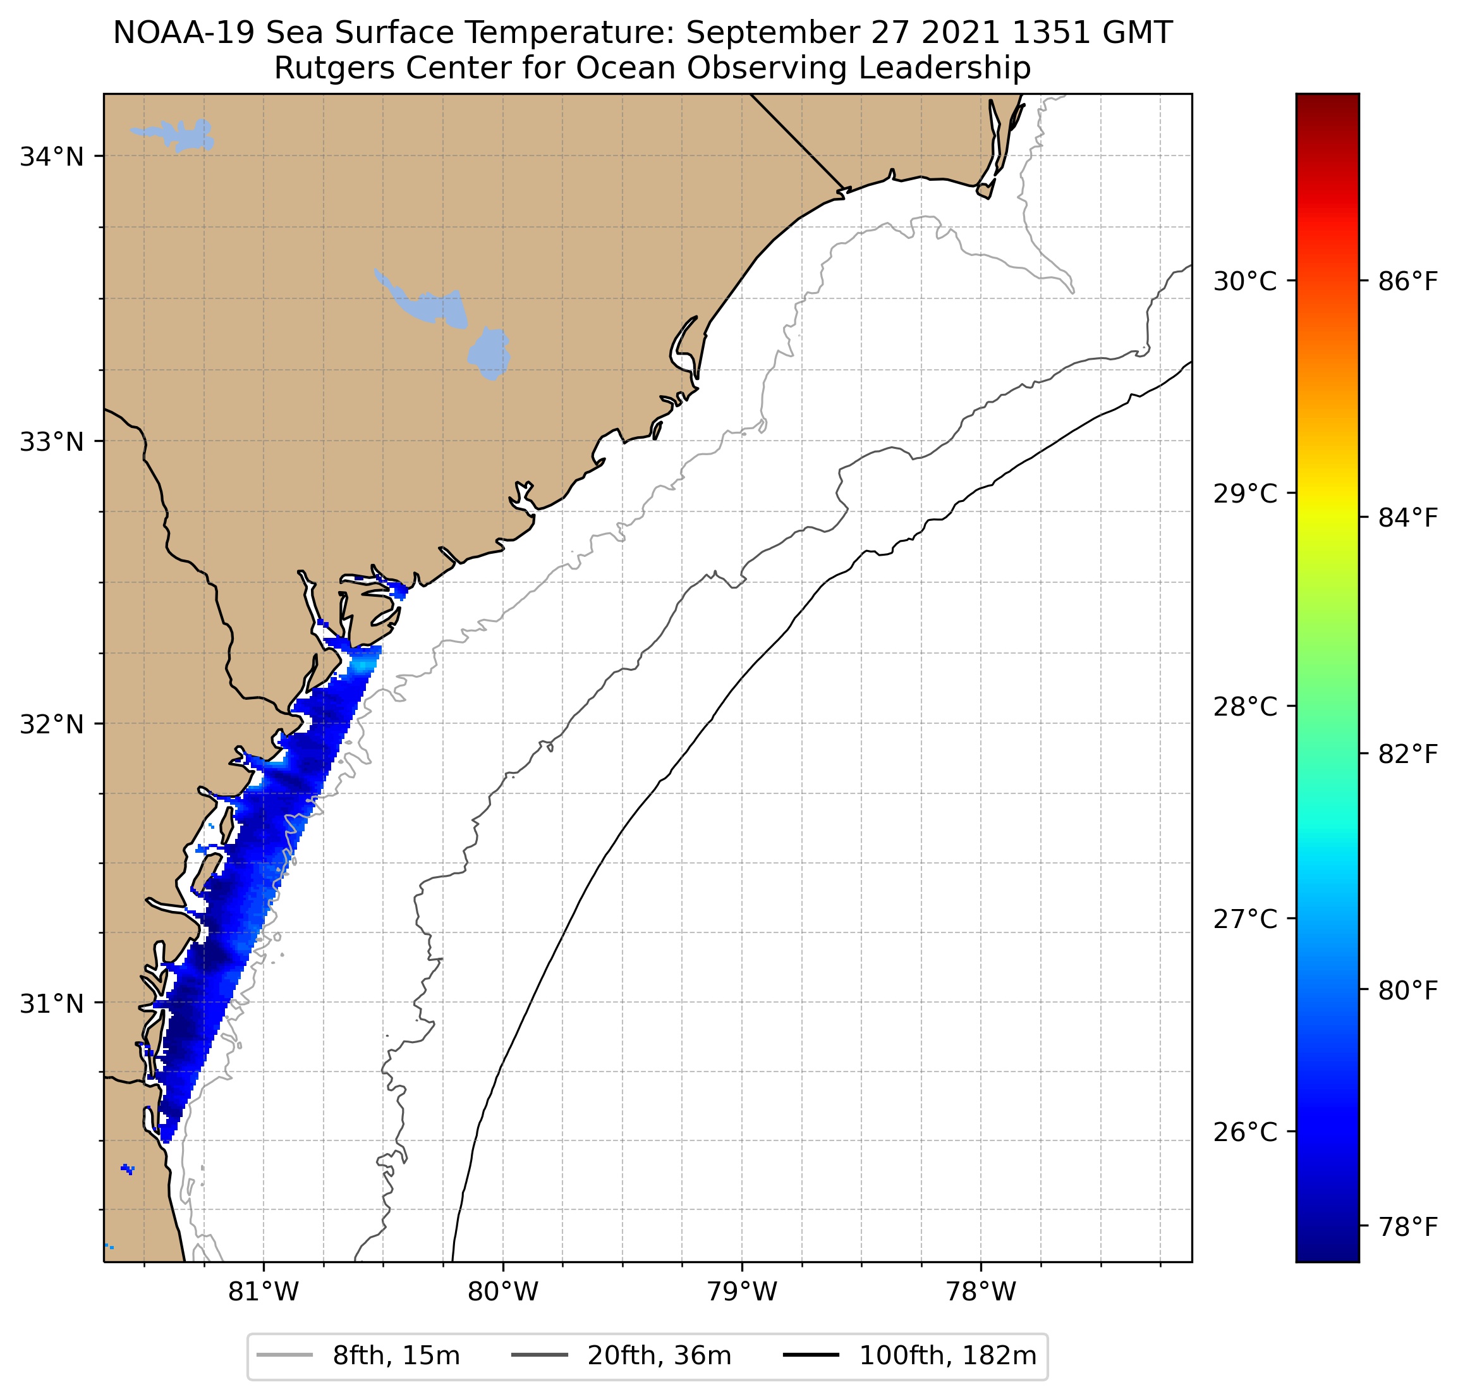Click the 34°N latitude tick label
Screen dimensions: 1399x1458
[51, 157]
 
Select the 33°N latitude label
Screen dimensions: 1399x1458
[51, 441]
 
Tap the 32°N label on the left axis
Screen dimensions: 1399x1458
[51, 724]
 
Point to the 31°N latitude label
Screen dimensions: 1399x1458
[51, 1004]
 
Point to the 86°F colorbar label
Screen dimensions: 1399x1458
[1407, 281]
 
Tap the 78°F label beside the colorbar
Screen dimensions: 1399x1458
[1407, 1226]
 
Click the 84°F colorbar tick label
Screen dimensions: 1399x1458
[1407, 517]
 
